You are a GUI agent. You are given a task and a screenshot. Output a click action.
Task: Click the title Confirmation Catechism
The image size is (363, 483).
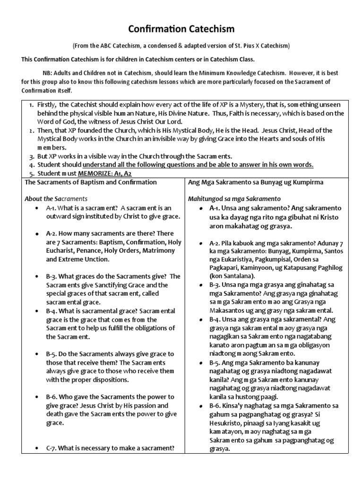click(181, 29)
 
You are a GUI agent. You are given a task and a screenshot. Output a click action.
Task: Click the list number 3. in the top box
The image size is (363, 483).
click(30, 156)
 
